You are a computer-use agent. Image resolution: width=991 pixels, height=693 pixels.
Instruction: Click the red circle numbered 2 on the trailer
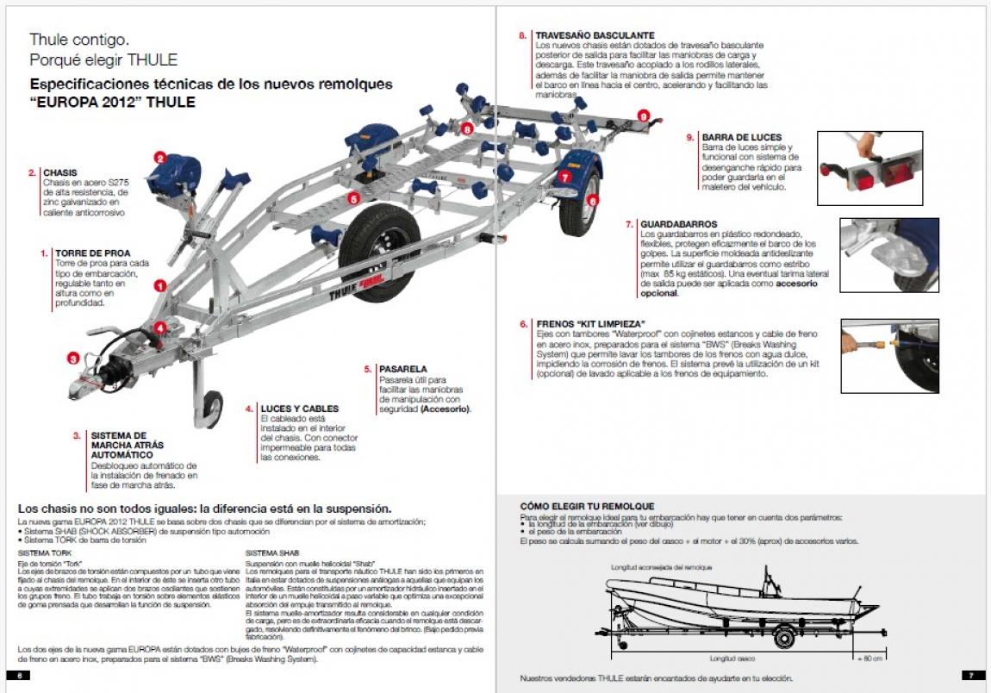pos(159,158)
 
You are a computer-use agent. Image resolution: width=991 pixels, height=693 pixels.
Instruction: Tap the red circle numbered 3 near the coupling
pos(73,359)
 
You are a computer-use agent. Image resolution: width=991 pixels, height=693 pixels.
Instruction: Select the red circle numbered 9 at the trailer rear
pos(643,115)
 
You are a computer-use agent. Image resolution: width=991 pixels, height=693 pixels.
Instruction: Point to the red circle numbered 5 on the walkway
pos(353,198)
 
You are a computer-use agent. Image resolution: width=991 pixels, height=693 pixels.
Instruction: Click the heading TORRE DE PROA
pos(92,253)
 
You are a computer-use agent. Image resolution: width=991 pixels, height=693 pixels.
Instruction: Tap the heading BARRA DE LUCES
pos(741,137)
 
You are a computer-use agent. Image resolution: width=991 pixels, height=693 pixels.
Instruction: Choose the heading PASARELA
pos(402,369)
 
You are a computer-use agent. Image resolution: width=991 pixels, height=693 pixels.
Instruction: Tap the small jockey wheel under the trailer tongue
pos(209,405)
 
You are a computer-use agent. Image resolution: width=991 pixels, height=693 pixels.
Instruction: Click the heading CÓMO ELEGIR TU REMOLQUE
pos(587,506)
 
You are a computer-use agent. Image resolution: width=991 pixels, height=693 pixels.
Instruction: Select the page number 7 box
pos(970,674)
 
